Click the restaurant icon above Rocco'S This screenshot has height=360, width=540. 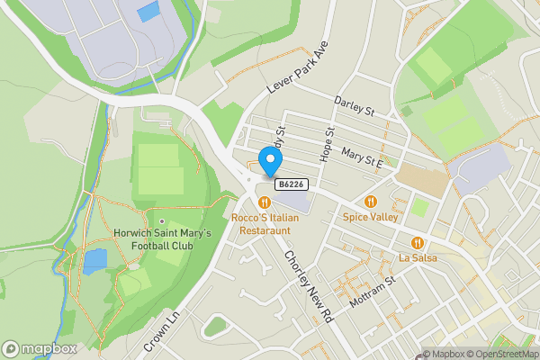pos(265,202)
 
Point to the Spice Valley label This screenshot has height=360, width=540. pos(371,218)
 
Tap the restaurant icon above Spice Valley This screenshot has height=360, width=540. pos(371,201)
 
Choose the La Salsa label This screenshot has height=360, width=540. pos(418,259)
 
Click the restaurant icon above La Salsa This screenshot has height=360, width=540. pos(418,243)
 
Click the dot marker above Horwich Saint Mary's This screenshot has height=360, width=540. pos(162,221)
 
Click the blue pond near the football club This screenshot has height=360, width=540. pos(94,261)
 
